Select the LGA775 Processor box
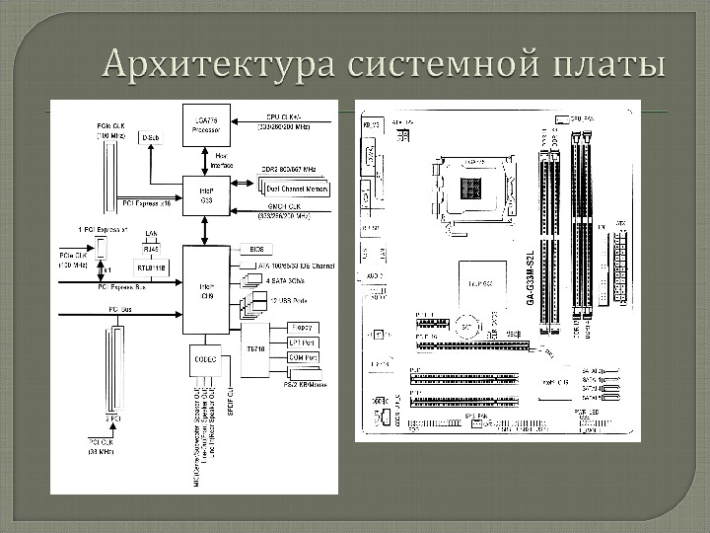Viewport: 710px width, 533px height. click(206, 123)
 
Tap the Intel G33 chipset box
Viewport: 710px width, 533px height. click(206, 193)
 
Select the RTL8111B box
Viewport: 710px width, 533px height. click(152, 266)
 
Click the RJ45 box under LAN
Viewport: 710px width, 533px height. click(151, 250)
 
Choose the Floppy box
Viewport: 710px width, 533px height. click(302, 327)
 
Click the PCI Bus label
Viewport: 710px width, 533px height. click(120, 310)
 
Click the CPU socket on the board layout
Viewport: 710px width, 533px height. click(478, 187)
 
